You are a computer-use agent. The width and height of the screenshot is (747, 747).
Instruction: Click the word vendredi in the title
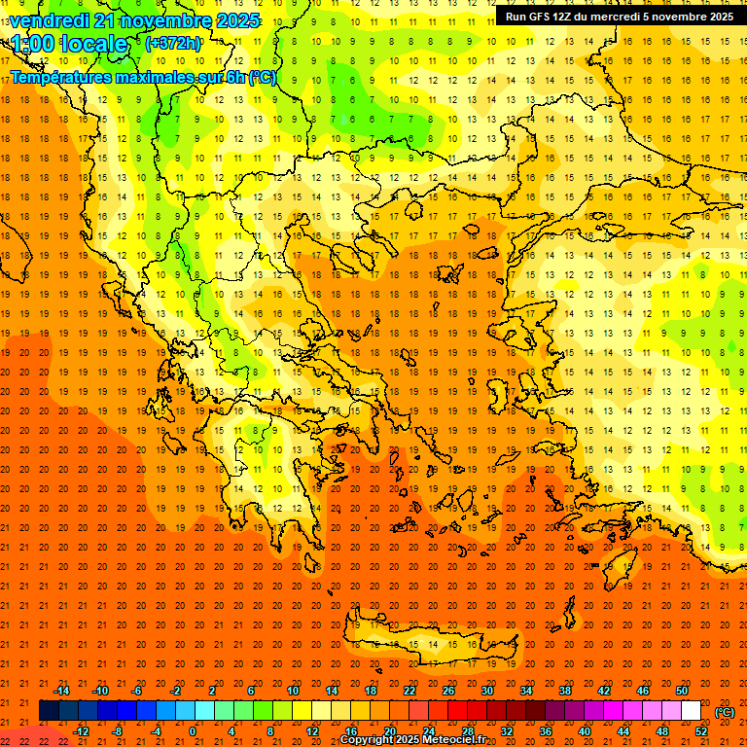point(49,20)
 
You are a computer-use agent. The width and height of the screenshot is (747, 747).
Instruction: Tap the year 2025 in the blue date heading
point(236,20)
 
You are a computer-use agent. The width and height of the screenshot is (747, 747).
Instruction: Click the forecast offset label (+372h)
point(172,44)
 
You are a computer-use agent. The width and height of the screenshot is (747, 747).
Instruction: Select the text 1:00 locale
point(70,44)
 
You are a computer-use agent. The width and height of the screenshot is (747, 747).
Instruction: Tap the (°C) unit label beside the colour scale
point(725,712)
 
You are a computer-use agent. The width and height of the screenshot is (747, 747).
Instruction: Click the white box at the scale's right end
point(691,711)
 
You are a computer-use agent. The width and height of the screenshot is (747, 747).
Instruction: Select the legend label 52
point(701,731)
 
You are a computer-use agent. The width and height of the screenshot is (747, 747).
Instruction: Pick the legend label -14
point(61,691)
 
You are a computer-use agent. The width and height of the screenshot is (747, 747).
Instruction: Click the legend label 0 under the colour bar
point(193,731)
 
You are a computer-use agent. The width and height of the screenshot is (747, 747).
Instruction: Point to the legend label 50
point(682,691)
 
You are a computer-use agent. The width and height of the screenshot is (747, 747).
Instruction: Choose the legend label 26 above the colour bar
point(448,691)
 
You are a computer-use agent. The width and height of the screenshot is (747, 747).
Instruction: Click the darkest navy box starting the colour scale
point(49,711)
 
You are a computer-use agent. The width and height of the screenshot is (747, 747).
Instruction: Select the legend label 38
point(565,691)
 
